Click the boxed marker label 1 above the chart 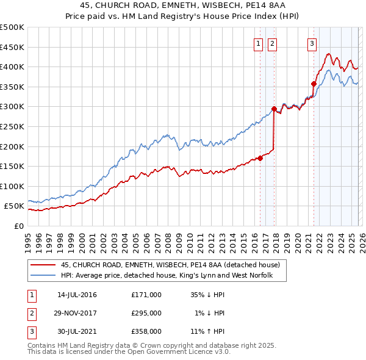258,43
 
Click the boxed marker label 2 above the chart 271,43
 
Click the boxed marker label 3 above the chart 312,43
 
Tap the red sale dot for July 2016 260,158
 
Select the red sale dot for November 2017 274,109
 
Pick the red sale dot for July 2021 314,84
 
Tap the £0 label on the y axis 18,226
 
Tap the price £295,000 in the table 146,313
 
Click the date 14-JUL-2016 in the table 77,295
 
